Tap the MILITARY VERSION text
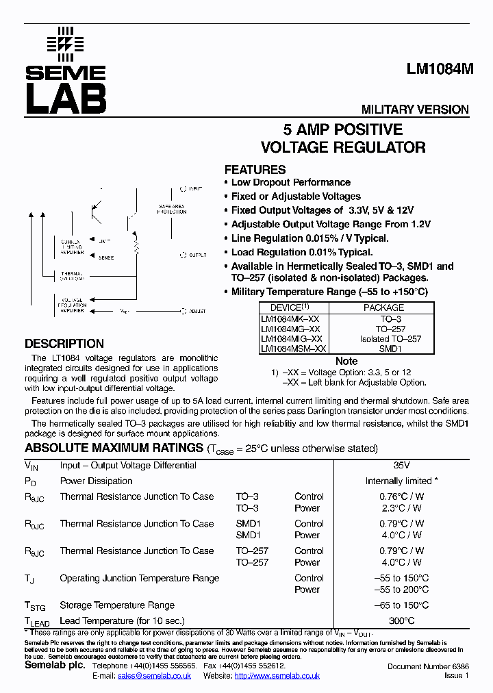[x=415, y=110]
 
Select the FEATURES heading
[x=255, y=170]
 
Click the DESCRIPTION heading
[x=64, y=344]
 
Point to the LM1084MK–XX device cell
[x=290, y=319]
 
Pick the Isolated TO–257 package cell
[x=390, y=339]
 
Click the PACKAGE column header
[x=383, y=308]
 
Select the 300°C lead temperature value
[x=401, y=620]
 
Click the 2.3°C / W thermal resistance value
[x=401, y=508]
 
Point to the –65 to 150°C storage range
[x=401, y=605]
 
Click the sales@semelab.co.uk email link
[x=154, y=676]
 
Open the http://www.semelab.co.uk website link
[x=277, y=676]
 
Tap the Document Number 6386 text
[x=428, y=666]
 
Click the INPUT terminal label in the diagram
[x=195, y=188]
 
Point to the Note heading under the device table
[x=346, y=361]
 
